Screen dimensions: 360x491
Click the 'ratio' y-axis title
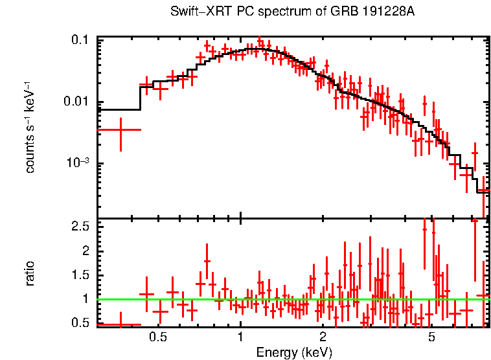(x=30, y=273)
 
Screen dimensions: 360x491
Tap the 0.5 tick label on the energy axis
(x=157, y=337)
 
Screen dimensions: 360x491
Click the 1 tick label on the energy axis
(x=240, y=337)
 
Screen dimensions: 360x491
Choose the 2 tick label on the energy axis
(x=323, y=337)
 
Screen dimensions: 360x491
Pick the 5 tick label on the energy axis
(x=431, y=337)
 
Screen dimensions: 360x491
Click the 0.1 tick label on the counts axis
(x=79, y=40)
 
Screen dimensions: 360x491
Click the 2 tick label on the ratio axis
(x=84, y=251)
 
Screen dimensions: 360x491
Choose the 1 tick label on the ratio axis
(x=84, y=299)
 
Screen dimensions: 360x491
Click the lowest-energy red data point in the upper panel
(x=120, y=130)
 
